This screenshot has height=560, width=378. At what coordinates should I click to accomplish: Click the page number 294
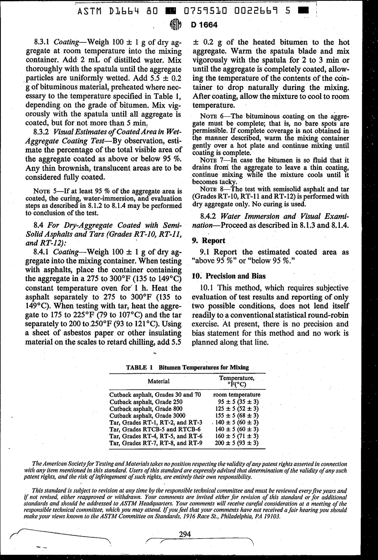pos(185,534)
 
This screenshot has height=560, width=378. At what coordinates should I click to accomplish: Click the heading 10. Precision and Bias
pos(229,276)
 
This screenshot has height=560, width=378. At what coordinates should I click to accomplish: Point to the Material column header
pos(158,381)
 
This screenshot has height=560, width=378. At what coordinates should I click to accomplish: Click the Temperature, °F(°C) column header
pos(237,381)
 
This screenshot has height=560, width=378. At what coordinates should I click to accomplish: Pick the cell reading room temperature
pos(237,395)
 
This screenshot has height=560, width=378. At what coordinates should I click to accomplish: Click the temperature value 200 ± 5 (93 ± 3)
pos(237,443)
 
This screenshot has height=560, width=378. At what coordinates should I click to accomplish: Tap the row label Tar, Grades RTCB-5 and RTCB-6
pos(155,429)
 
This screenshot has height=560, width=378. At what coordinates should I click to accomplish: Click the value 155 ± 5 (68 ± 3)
pos(237,416)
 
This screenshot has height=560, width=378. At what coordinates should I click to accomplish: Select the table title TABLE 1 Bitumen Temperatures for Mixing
pos(187,367)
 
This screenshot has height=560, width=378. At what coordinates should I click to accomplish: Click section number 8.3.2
pos(41,131)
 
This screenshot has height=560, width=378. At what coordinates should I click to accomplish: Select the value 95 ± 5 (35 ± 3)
pos(237,402)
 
